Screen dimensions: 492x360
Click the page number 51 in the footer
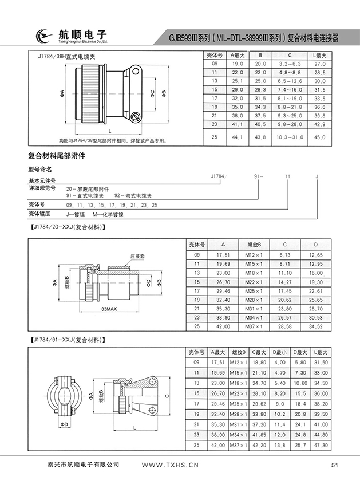click(335, 465)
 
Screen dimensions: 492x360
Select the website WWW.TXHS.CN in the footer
click(170, 465)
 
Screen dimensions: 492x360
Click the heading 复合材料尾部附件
click(57, 156)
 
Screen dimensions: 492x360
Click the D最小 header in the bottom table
click(280, 351)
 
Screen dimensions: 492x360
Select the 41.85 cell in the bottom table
click(259, 435)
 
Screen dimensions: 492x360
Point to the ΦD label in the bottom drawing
click(64, 424)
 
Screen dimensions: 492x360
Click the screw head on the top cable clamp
click(135, 117)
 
